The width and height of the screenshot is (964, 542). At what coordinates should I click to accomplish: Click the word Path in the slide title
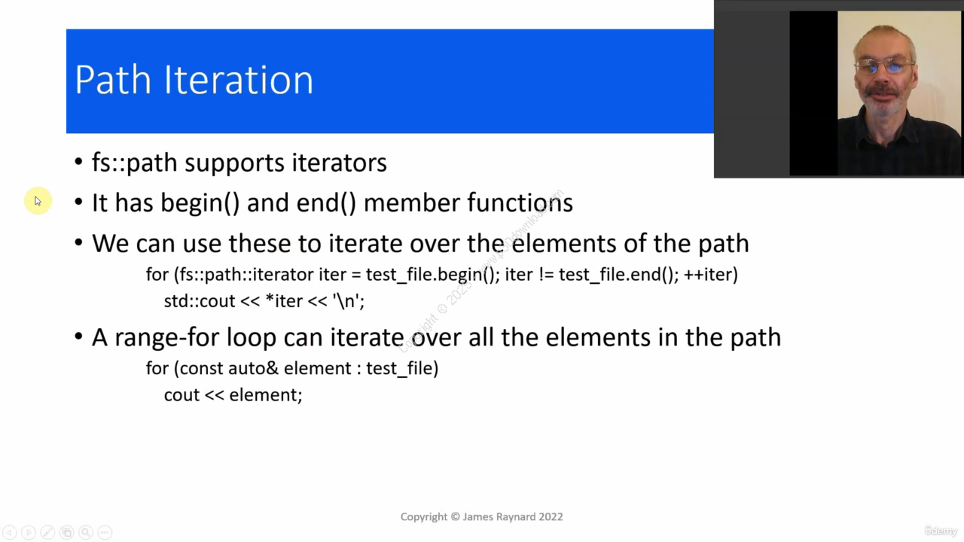click(x=113, y=80)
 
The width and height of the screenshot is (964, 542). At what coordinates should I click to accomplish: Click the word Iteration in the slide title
click(x=239, y=80)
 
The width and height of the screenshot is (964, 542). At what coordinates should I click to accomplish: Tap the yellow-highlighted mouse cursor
click(x=38, y=201)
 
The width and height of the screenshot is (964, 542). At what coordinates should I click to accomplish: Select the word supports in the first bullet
click(x=234, y=163)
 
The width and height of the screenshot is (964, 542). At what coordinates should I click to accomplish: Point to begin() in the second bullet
click(x=200, y=202)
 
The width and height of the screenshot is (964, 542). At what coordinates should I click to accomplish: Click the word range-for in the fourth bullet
click(x=167, y=337)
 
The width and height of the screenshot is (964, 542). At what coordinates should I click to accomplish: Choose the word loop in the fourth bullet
click(x=252, y=337)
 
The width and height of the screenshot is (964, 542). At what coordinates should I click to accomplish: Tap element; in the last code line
click(x=266, y=395)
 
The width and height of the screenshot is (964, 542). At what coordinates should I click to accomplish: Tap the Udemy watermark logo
click(x=941, y=531)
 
